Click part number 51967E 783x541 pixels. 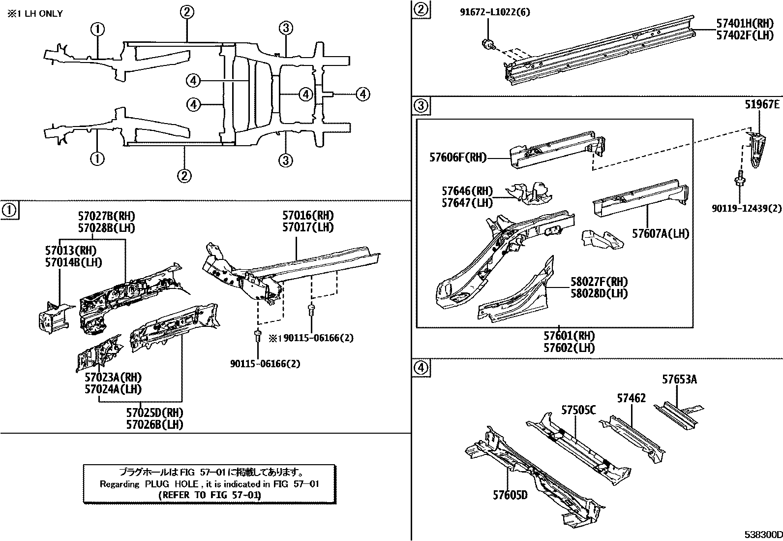(x=762, y=104)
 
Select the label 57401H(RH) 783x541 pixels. (x=744, y=23)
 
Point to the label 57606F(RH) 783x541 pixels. (x=457, y=158)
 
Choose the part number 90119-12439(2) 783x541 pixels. (x=747, y=208)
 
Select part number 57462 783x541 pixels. (x=631, y=398)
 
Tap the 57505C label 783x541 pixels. (x=579, y=410)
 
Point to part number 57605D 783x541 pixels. (x=510, y=495)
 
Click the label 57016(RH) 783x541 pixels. (x=308, y=215)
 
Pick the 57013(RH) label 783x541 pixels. (x=71, y=250)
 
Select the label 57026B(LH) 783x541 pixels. (x=154, y=424)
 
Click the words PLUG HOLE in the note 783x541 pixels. (x=172, y=484)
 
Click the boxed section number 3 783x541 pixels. (x=422, y=105)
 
